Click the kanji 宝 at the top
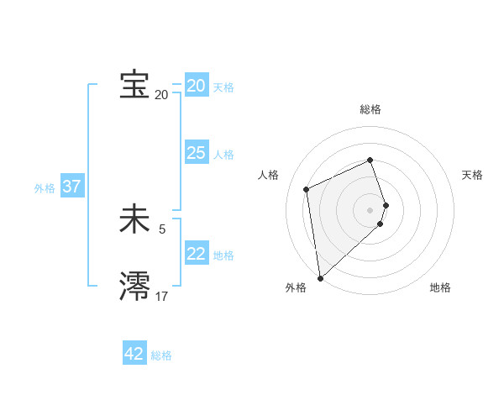[134, 85]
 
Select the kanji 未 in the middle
[134, 220]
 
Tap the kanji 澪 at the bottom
[134, 286]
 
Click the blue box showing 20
[196, 86]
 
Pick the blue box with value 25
[196, 153]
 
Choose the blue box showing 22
[196, 254]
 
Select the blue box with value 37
[71, 187]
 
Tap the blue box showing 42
[134, 354]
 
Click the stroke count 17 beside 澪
[161, 296]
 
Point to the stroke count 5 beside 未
[162, 229]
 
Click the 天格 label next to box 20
[223, 87]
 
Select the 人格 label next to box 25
[223, 155]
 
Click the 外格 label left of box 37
[45, 188]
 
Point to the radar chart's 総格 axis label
[370, 109]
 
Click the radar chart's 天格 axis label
[472, 175]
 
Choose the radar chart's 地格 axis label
[440, 287]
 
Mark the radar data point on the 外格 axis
[320, 277]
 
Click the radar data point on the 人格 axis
[307, 189]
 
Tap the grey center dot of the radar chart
[370, 209]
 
